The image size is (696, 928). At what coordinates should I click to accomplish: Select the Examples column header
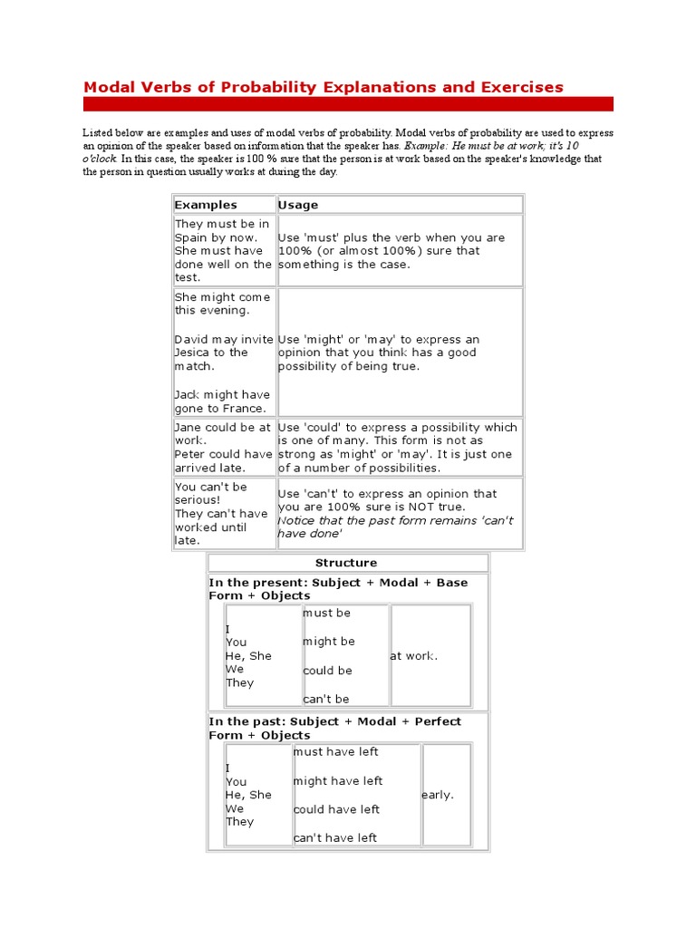(205, 205)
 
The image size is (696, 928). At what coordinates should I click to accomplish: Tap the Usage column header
(298, 205)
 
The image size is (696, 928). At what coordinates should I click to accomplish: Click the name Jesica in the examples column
(193, 353)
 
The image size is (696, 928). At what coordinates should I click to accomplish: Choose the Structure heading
(346, 563)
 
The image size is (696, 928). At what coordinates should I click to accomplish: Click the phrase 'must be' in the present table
(326, 614)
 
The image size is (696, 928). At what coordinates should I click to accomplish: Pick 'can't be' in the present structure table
(325, 699)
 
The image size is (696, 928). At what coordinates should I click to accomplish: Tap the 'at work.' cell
(414, 656)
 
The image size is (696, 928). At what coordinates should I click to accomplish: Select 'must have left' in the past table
(335, 752)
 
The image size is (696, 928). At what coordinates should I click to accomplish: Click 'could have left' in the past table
(336, 809)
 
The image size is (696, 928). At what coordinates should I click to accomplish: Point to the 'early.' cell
(438, 795)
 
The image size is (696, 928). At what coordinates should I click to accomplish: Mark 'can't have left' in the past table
(334, 838)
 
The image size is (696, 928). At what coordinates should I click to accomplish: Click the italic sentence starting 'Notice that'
(395, 527)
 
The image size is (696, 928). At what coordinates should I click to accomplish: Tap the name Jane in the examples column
(189, 427)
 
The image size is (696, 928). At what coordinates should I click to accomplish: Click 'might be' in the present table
(328, 642)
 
